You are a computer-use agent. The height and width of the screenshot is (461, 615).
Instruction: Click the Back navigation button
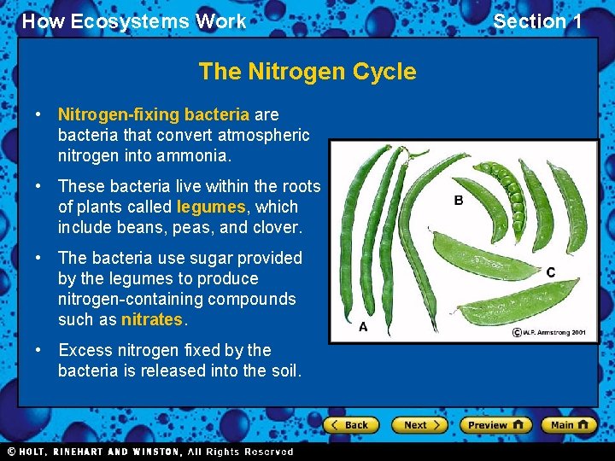(x=350, y=424)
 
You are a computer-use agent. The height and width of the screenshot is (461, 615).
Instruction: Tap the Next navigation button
(x=419, y=424)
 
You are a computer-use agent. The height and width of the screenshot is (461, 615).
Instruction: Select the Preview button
(x=495, y=424)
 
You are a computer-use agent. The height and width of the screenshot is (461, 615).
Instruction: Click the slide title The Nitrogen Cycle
(x=307, y=72)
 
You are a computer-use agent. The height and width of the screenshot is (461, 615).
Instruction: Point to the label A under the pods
(x=363, y=326)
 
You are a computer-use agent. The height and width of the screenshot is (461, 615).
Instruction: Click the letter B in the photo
(x=459, y=201)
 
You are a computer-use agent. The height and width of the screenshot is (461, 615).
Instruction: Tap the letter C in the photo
(x=551, y=272)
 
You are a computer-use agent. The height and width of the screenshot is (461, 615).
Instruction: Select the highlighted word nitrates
(x=152, y=320)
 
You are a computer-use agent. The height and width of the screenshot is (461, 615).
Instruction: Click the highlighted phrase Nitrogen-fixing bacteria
(x=154, y=114)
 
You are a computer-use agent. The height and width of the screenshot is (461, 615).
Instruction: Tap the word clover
(x=277, y=227)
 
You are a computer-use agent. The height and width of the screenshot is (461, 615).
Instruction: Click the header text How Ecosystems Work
(x=134, y=21)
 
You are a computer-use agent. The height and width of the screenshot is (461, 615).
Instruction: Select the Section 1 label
(x=537, y=21)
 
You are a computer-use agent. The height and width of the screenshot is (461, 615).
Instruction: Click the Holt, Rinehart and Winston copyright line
(x=149, y=452)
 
